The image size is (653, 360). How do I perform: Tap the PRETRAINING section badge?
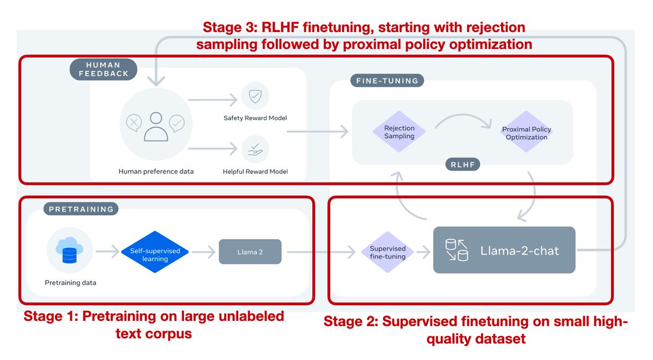pyautogui.click(x=81, y=209)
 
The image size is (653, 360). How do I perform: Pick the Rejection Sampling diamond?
pyautogui.click(x=399, y=132)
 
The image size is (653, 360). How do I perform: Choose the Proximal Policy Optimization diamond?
pyautogui.click(x=526, y=133)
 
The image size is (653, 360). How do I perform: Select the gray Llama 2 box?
pyautogui.click(x=250, y=252)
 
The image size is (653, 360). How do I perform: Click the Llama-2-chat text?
pyautogui.click(x=519, y=251)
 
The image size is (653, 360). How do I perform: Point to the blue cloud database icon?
pyautogui.click(x=69, y=252)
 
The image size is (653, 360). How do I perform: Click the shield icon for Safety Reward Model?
pyautogui.click(x=255, y=97)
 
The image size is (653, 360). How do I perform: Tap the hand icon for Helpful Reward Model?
pyautogui.click(x=255, y=150)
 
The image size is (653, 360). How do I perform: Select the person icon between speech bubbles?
pyautogui.click(x=156, y=126)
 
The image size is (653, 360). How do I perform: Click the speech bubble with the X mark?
pyautogui.click(x=133, y=122)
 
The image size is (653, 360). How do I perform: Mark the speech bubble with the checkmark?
pyautogui.click(x=177, y=123)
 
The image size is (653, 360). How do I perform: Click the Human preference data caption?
pyautogui.click(x=156, y=171)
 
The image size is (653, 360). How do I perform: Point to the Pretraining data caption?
pyautogui.click(x=70, y=283)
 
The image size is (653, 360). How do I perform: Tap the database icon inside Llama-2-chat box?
pyautogui.click(x=457, y=251)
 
